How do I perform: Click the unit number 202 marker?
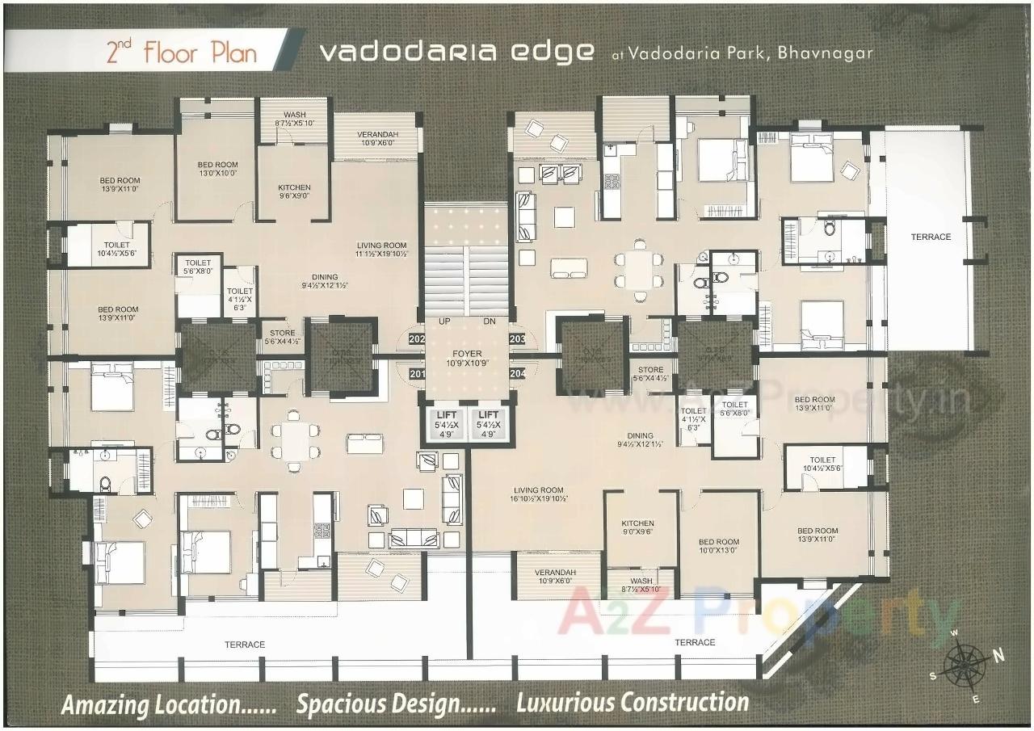point(417,339)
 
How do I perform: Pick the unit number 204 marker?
point(518,373)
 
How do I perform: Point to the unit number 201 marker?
point(417,373)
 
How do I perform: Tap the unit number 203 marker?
point(518,339)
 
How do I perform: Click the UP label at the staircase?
point(444,321)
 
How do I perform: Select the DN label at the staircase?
point(489,321)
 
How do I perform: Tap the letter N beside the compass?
point(998,656)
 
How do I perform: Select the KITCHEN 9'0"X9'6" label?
point(637,527)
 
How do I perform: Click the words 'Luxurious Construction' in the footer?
point(632,702)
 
